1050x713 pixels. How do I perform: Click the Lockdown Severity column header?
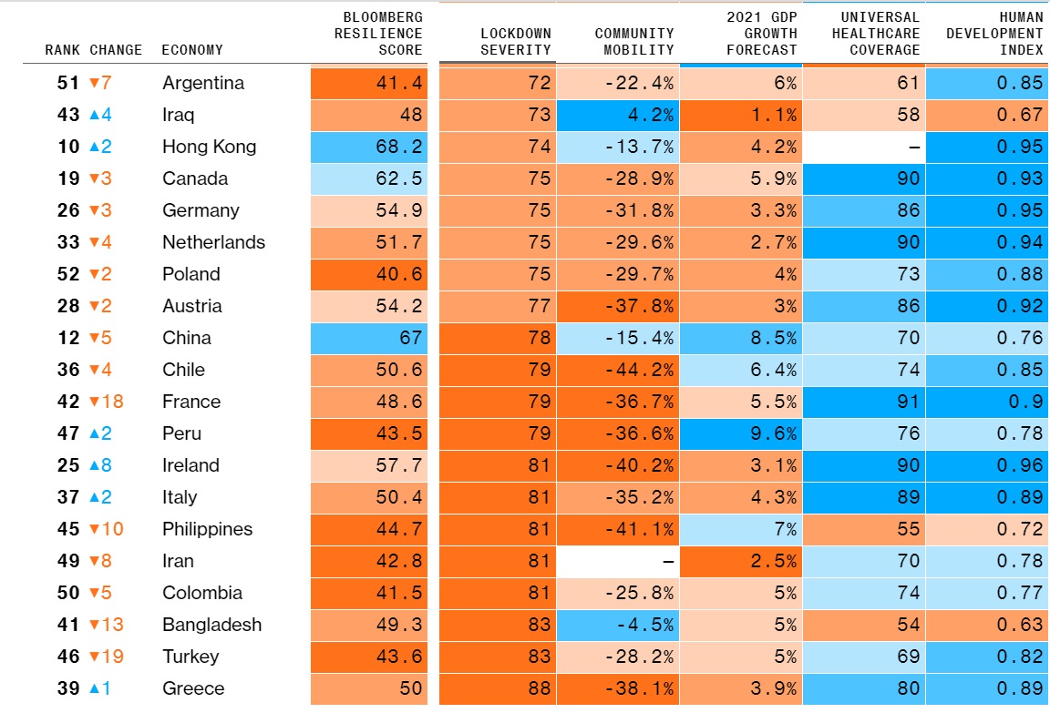point(515,42)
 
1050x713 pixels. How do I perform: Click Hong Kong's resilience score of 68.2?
point(399,147)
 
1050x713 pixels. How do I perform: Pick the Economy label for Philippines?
point(207,529)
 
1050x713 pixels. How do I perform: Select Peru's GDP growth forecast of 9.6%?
point(773,433)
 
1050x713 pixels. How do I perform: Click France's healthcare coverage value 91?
point(908,402)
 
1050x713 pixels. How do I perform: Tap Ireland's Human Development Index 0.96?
point(1020,465)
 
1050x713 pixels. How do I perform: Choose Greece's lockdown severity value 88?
point(539,688)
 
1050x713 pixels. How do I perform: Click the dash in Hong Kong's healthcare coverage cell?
point(913,148)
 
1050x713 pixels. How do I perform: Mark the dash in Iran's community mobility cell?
point(668,562)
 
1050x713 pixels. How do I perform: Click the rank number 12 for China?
point(68,338)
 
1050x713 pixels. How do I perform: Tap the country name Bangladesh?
point(211,625)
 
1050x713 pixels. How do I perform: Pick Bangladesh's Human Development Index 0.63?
point(1020,625)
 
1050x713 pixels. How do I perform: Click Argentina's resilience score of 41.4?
point(399,83)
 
